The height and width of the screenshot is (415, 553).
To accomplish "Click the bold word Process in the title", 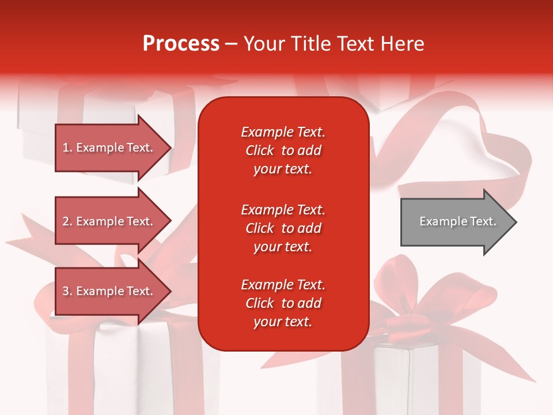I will pos(181,44).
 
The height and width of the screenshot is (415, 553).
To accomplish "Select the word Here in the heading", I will pos(401,44).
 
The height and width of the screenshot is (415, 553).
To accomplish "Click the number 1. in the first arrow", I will pos(67,148).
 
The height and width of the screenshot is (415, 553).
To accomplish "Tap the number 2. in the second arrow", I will pos(67,221).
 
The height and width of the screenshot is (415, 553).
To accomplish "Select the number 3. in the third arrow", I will pos(67,291).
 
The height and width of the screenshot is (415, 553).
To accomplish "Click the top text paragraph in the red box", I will pos(283,150).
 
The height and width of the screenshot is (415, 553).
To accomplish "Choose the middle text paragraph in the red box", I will pos(283,228).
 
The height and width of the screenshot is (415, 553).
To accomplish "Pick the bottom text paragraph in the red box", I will pos(283,303).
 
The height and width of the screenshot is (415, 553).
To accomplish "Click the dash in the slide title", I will pos(231,44).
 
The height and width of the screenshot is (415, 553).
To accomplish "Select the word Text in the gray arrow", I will pos(483,221).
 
